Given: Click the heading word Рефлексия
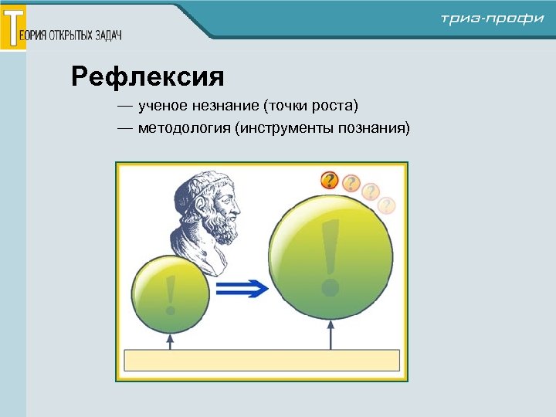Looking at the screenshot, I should [x=147, y=76].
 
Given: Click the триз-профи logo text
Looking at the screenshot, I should [x=492, y=19].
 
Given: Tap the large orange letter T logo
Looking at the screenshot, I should [x=13, y=27].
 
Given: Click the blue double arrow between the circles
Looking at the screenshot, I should [x=242, y=290].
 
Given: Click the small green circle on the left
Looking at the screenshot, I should [x=171, y=293].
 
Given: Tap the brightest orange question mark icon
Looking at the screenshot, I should [x=330, y=180].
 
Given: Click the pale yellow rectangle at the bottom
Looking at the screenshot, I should [x=262, y=361].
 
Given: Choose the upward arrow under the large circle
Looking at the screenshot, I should [x=331, y=335].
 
